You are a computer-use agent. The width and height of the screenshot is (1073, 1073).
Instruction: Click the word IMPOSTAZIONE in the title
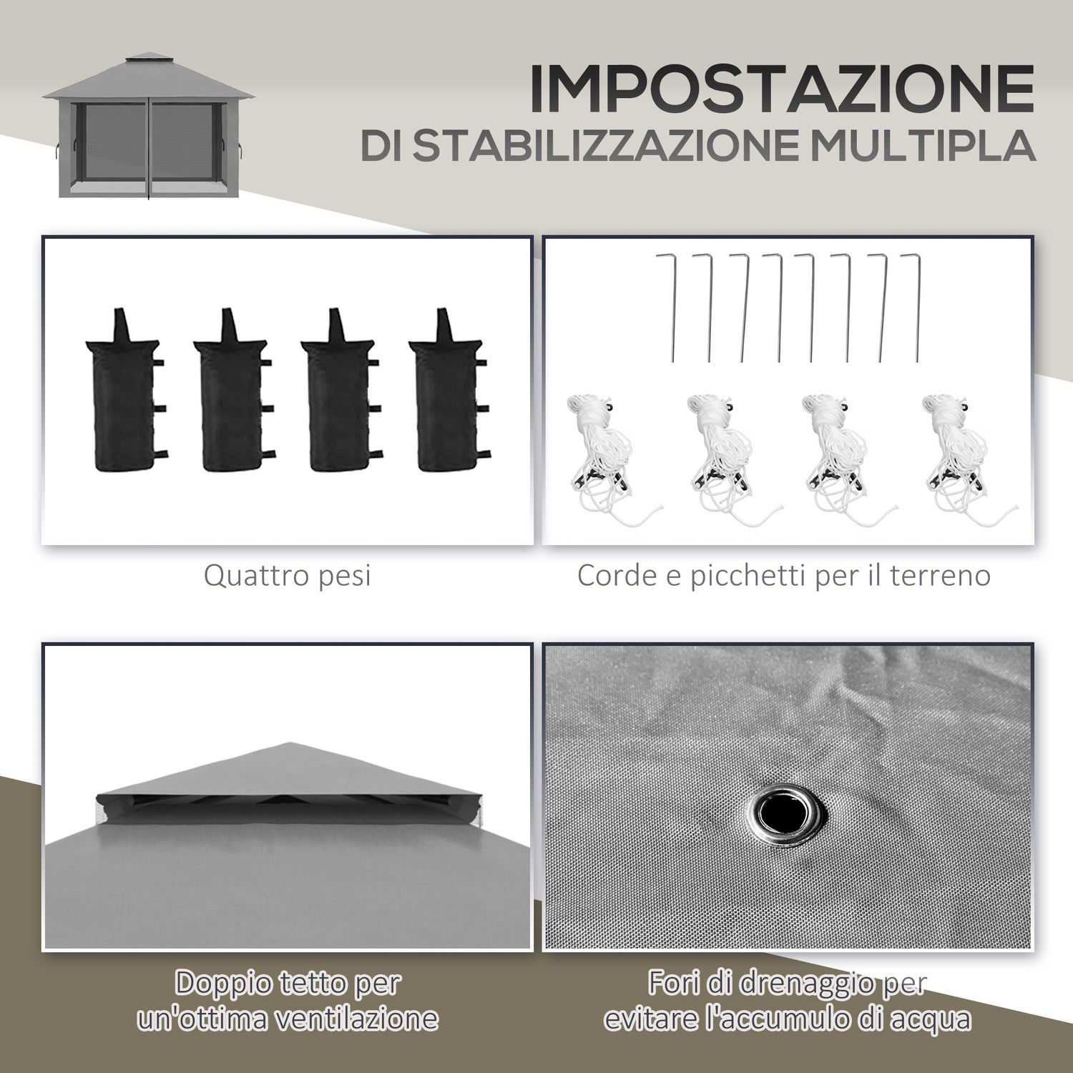pyautogui.click(x=781, y=89)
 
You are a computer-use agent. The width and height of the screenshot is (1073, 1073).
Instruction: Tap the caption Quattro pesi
pyautogui.click(x=288, y=575)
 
